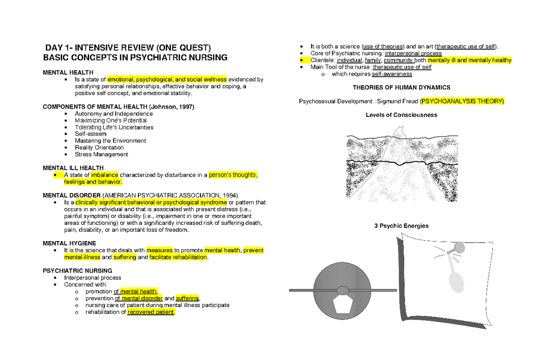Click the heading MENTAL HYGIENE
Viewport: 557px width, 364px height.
tap(69, 243)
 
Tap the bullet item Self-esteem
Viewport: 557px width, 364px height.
tap(91, 134)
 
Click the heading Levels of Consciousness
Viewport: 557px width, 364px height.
tap(401, 115)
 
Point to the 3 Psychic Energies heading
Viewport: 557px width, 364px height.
tap(401, 226)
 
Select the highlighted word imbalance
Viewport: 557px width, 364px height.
tap(104, 175)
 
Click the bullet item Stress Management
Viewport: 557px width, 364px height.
tap(101, 154)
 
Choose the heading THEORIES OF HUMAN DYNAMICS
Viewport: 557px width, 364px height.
tap(401, 87)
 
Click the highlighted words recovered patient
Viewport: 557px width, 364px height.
tap(151, 312)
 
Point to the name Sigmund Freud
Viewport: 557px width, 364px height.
tap(397, 101)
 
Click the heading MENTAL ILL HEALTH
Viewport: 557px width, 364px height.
tap(73, 167)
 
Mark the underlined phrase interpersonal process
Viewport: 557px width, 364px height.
tap(413, 53)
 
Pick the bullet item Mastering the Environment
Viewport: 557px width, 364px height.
tap(110, 140)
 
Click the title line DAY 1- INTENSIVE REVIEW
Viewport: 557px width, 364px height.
tap(128, 48)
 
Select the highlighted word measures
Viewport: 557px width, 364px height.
tap(159, 250)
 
